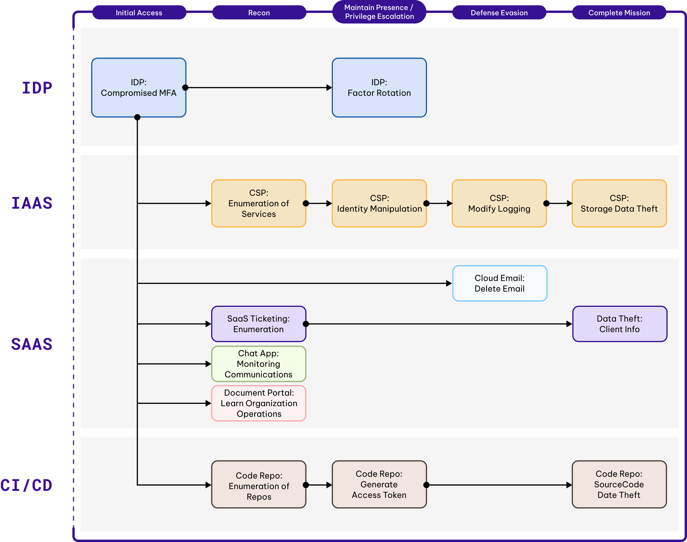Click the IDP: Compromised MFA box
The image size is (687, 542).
coord(138,88)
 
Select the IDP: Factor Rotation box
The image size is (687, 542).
coord(379,88)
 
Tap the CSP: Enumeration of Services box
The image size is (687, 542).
coord(259,203)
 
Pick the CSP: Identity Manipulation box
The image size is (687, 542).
coord(379,203)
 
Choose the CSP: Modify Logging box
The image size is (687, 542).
coord(499,203)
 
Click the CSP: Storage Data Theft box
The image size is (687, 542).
coord(619,203)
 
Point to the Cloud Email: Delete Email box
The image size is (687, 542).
coord(499,283)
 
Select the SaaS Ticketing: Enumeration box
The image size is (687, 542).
coord(259,324)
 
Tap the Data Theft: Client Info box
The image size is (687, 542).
coord(619,324)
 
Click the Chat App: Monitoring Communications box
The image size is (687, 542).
coord(259,364)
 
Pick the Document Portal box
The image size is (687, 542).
coord(259,403)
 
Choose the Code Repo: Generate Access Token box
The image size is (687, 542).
coord(379,484)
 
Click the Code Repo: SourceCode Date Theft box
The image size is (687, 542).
coord(619,484)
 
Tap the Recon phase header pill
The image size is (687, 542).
coord(259,13)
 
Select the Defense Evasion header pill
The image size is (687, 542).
coord(499,13)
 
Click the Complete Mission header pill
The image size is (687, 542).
coord(619,13)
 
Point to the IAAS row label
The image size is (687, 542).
coord(32,203)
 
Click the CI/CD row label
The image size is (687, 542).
coord(26,485)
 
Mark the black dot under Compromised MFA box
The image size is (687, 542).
coord(137,117)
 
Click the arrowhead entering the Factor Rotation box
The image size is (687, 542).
coord(329,88)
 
